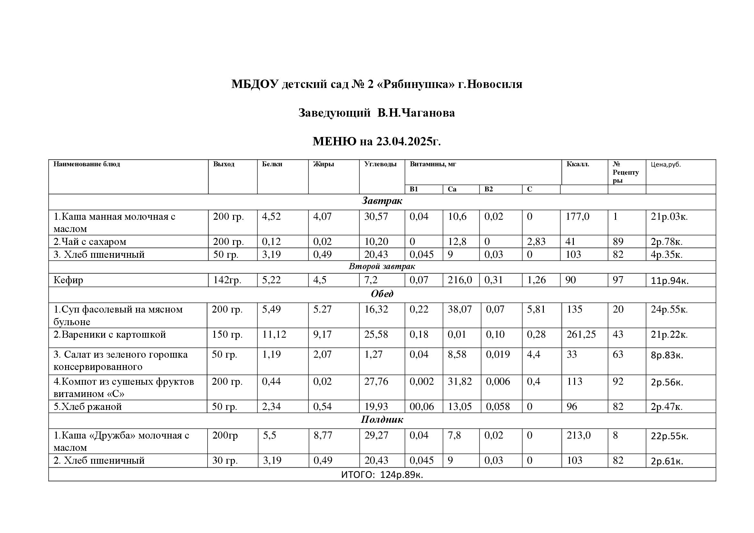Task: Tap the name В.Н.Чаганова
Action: [416, 113]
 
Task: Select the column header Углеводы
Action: [380, 164]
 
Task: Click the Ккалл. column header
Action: [578, 164]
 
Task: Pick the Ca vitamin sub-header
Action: [452, 189]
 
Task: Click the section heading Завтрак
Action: [382, 201]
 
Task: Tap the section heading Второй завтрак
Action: [382, 266]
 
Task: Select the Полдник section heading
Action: [382, 420]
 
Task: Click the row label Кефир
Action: [68, 280]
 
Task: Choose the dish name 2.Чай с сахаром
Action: [90, 242]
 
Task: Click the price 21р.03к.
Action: [669, 217]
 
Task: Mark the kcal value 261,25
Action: [581, 335]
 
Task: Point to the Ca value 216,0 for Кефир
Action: [460, 280]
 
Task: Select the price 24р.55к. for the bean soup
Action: [669, 309]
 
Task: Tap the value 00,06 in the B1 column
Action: [421, 407]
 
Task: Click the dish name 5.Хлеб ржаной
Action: [88, 407]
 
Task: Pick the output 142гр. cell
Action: [227, 280]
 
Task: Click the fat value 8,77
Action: [323, 436]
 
